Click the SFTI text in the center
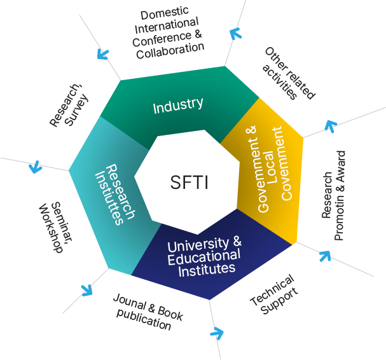pos(189,183)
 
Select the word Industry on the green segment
pos(178,105)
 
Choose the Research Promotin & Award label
pos(334,196)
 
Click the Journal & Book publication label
pos(146,312)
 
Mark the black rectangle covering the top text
pos(164,15)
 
